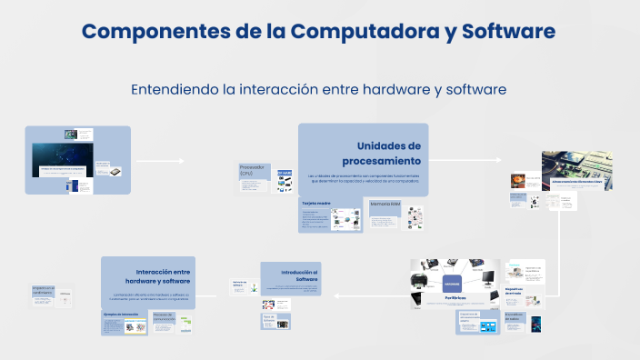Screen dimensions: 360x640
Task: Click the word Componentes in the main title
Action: point(155,32)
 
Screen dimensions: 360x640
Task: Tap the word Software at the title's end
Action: point(508,32)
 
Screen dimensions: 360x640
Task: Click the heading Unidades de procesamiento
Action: point(388,153)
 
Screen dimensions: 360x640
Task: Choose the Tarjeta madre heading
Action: point(317,203)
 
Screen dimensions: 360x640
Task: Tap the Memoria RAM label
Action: point(385,205)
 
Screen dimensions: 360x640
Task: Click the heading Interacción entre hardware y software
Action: point(162,276)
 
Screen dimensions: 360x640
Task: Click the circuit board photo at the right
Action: point(576,169)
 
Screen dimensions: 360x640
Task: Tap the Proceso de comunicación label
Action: point(164,318)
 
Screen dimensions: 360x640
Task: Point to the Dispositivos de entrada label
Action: point(515,291)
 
